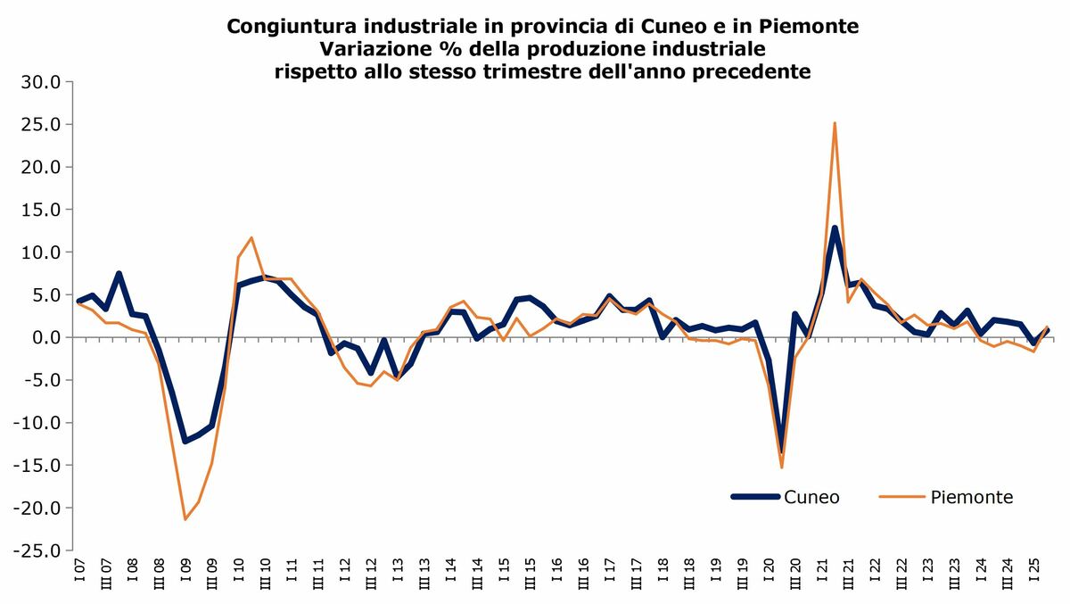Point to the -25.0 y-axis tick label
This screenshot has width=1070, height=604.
(37, 550)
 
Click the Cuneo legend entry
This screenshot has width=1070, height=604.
(811, 497)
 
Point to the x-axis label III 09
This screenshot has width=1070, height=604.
(212, 574)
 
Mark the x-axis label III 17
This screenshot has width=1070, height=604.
(636, 574)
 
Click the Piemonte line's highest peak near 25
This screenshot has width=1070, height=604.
(835, 123)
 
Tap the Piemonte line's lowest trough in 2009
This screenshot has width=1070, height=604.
(185, 519)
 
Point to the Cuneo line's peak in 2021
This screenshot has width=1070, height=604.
(835, 228)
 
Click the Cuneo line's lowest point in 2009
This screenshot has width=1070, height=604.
(185, 442)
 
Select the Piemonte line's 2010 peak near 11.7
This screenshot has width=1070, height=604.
(251, 237)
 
